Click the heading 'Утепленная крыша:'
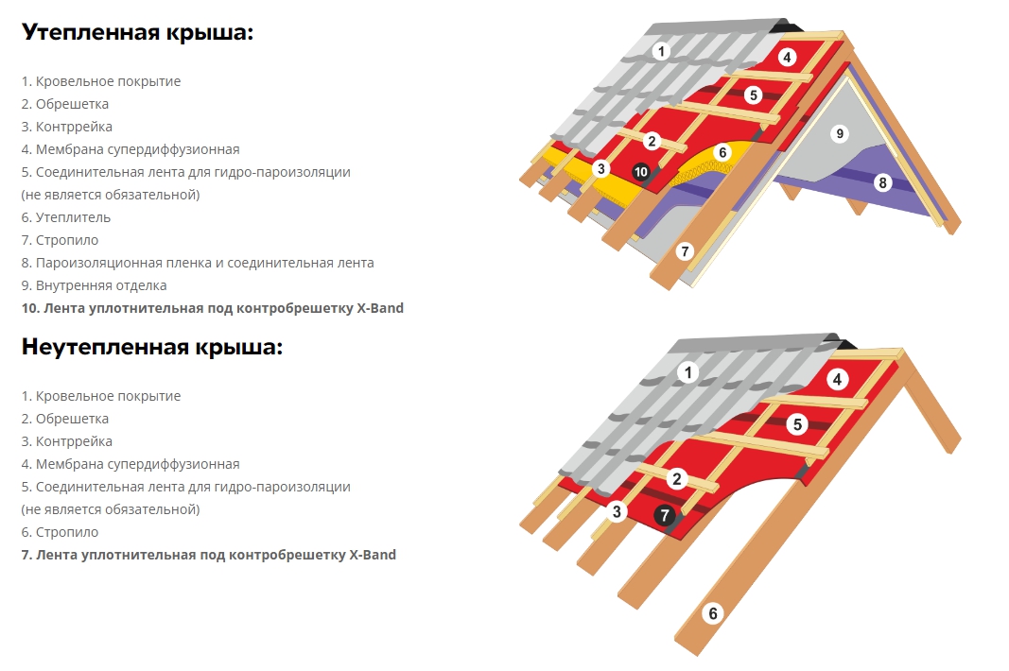coord(138,32)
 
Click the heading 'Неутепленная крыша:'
coord(152,348)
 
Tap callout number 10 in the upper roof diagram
coord(640,172)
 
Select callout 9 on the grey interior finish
coord(839,134)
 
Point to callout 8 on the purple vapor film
coord(883,182)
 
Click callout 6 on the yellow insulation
coord(722,152)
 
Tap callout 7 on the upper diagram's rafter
coord(685,251)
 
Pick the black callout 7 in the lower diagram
coord(665,515)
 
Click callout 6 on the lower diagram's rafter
coord(713,613)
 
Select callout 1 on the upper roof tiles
coord(661,51)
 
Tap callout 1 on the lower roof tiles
coord(688,371)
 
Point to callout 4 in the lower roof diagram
coord(837,380)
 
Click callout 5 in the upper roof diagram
coord(754,95)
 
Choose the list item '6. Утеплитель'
coord(65,217)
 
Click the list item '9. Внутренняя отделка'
coord(94,285)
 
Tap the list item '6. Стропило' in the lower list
coord(60,532)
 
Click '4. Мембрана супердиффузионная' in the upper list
coord(130,149)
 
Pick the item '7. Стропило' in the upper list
coord(60,240)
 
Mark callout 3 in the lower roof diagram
coord(617,511)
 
